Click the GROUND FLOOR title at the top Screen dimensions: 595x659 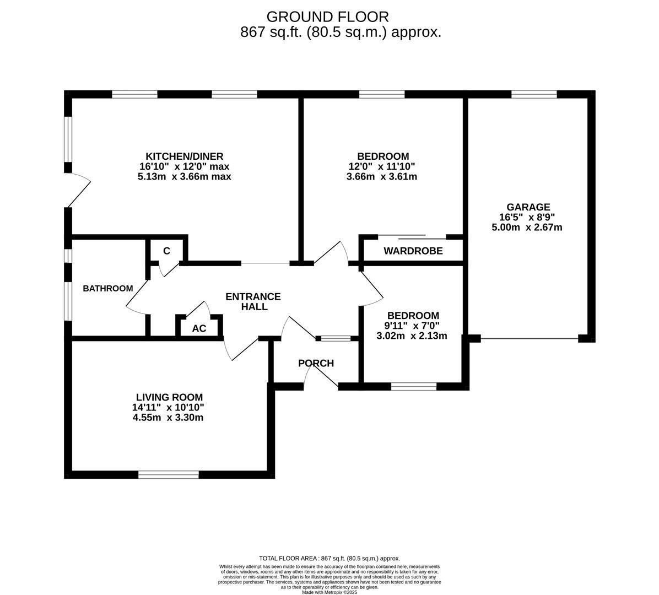(327, 17)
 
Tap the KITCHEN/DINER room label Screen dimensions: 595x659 (184, 156)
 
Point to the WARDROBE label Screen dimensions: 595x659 (413, 251)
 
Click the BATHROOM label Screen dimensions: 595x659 (108, 289)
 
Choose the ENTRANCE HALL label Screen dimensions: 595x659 (253, 301)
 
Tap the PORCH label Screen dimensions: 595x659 (316, 363)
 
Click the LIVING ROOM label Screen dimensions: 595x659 (169, 397)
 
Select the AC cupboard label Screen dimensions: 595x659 (199, 329)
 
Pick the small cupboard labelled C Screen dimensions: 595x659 (166, 251)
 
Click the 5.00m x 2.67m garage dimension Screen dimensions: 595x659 (527, 227)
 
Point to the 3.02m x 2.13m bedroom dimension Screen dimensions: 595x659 (412, 336)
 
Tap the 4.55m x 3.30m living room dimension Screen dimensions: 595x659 (168, 418)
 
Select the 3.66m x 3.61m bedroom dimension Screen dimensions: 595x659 (382, 177)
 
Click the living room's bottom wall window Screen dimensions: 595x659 (169, 474)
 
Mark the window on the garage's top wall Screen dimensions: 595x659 (533, 94)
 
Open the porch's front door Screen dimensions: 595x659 (321, 378)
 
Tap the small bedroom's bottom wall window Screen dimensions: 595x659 (413, 387)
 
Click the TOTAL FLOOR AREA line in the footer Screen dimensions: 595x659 (329, 558)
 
